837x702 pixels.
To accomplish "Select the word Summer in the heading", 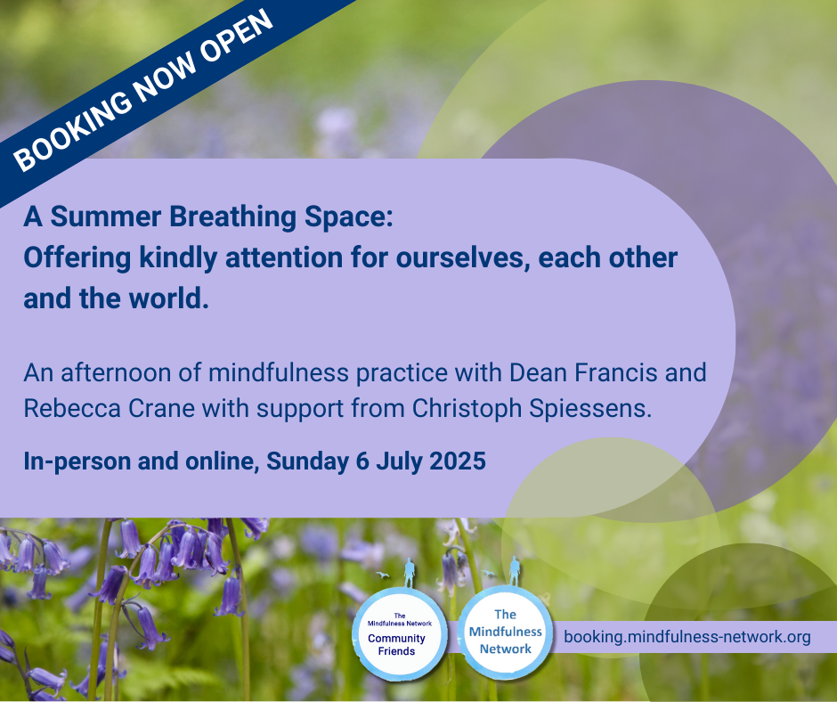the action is [x=106, y=216].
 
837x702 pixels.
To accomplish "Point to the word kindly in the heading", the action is [x=178, y=258].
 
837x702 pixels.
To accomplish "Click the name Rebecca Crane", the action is [x=110, y=409].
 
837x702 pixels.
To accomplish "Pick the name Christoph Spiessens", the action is [x=532, y=409].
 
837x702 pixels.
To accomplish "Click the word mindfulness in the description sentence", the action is [x=279, y=372].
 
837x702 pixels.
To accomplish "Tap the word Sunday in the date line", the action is [x=307, y=461].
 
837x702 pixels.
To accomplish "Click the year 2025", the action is [x=458, y=461].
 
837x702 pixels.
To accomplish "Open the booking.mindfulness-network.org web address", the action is [x=687, y=637].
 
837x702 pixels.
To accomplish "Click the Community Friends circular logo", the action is [x=399, y=634].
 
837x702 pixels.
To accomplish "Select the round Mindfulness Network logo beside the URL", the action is [x=505, y=633].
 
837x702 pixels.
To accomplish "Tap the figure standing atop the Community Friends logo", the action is [x=410, y=572].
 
